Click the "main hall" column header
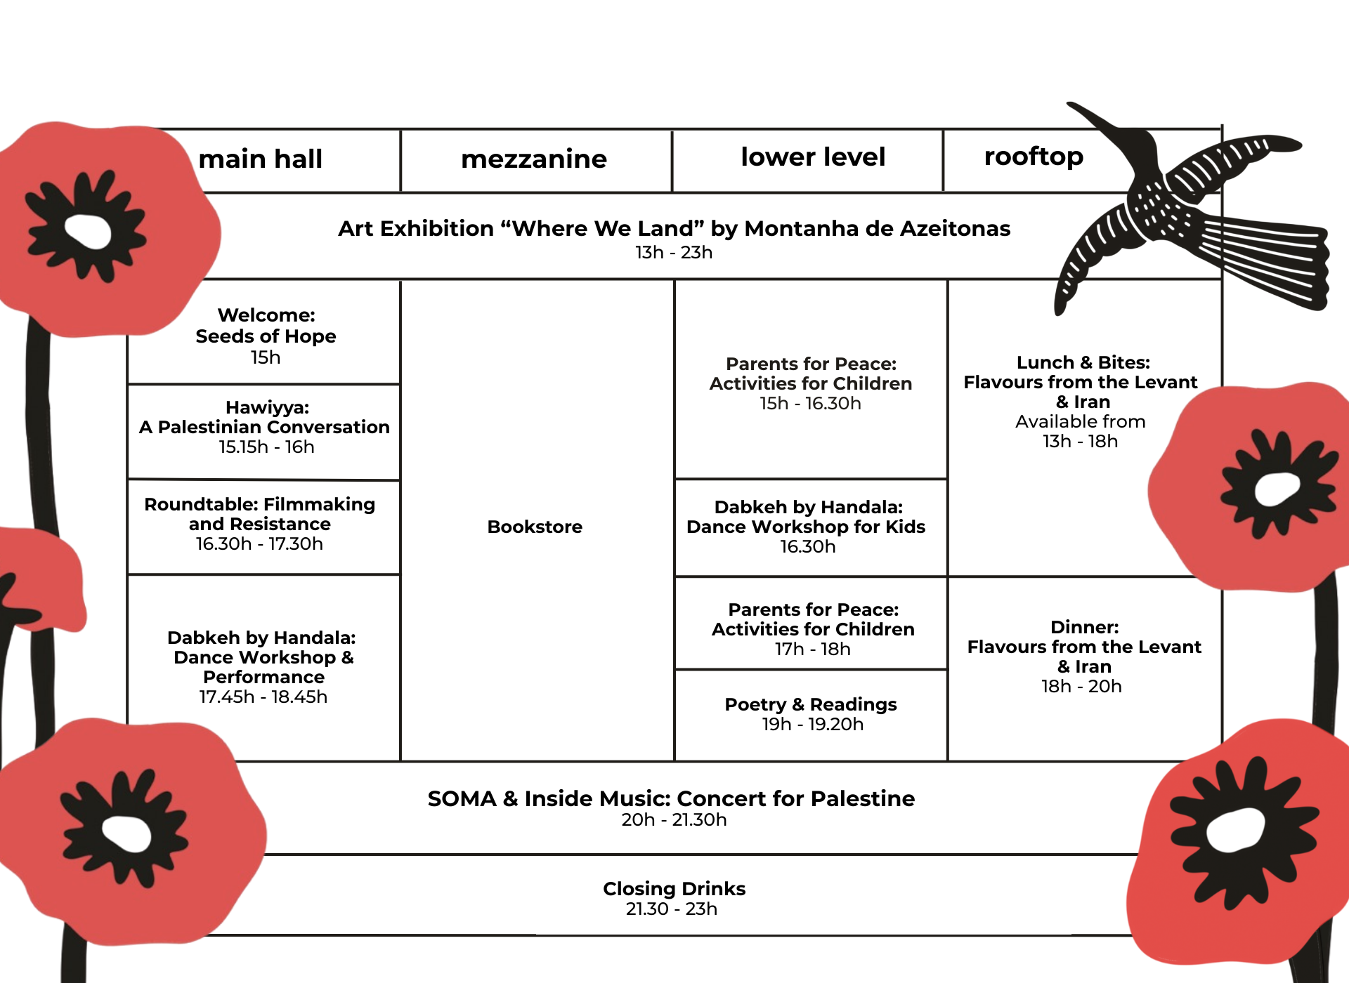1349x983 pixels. coord(261,159)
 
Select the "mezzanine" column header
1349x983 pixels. coord(534,159)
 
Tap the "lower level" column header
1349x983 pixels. coord(813,157)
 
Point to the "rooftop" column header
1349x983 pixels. coord(1034,157)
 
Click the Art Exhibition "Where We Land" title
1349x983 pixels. coord(674,229)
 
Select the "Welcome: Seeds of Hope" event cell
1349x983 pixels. coord(266,335)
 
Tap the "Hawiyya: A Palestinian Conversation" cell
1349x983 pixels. coord(264,427)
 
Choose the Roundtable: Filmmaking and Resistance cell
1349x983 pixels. coord(260,523)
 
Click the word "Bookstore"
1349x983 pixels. coord(535,527)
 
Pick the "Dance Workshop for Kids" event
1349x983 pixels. coord(806,527)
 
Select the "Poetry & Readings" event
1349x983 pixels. coord(811,705)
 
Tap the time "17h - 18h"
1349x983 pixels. coord(813,649)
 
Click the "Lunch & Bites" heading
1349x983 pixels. coord(1083,363)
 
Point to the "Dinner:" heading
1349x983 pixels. coord(1084,627)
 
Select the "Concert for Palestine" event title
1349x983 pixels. coord(671,799)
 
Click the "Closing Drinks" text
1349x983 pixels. coord(674,889)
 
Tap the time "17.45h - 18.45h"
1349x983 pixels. coord(263,697)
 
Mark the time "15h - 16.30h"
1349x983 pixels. coord(810,404)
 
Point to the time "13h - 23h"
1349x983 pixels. coord(674,253)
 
